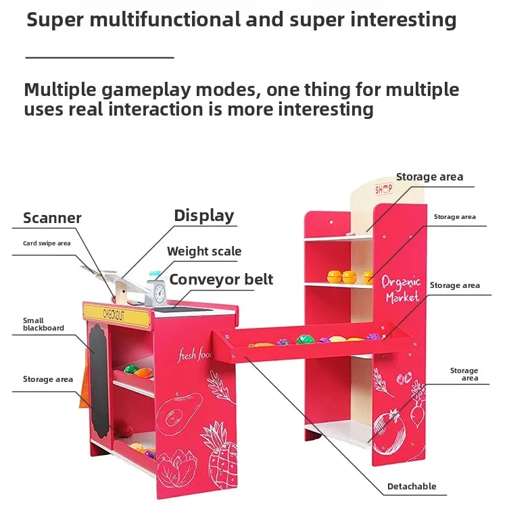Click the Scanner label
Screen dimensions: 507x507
pyautogui.click(x=52, y=218)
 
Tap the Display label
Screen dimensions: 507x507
pyautogui.click(x=203, y=216)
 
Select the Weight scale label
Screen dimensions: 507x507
pyautogui.click(x=204, y=251)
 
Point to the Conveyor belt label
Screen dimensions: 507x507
pyautogui.click(x=221, y=279)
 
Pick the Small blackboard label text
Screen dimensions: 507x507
pyautogui.click(x=43, y=324)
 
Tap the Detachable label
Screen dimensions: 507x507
pyautogui.click(x=411, y=486)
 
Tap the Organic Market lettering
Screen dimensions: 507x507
pyautogui.click(x=401, y=289)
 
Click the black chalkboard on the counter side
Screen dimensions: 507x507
pyautogui.click(x=99, y=379)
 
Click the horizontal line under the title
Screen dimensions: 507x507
pyautogui.click(x=99, y=57)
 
